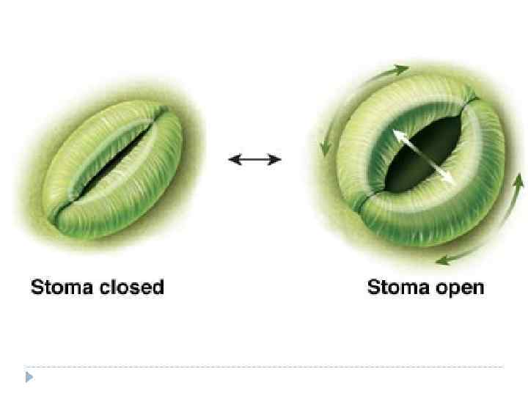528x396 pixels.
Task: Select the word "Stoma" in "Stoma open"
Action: pos(397,287)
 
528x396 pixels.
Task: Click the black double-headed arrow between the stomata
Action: pos(254,159)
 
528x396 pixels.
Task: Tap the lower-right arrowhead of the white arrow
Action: pos(450,180)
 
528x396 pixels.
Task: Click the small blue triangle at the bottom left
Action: pos(29,378)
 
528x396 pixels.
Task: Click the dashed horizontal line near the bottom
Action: pos(264,366)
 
